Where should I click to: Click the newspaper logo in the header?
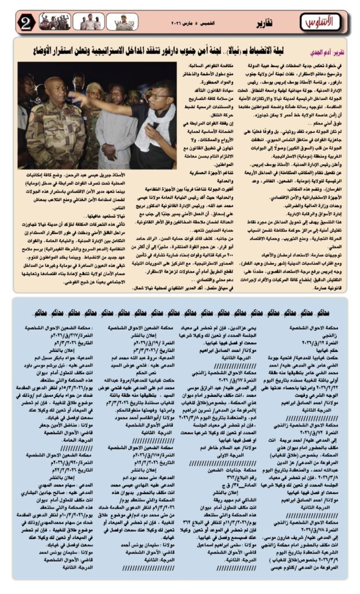click(318, 22)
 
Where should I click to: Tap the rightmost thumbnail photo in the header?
click(122, 22)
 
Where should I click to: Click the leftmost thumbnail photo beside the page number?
click(54, 22)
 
